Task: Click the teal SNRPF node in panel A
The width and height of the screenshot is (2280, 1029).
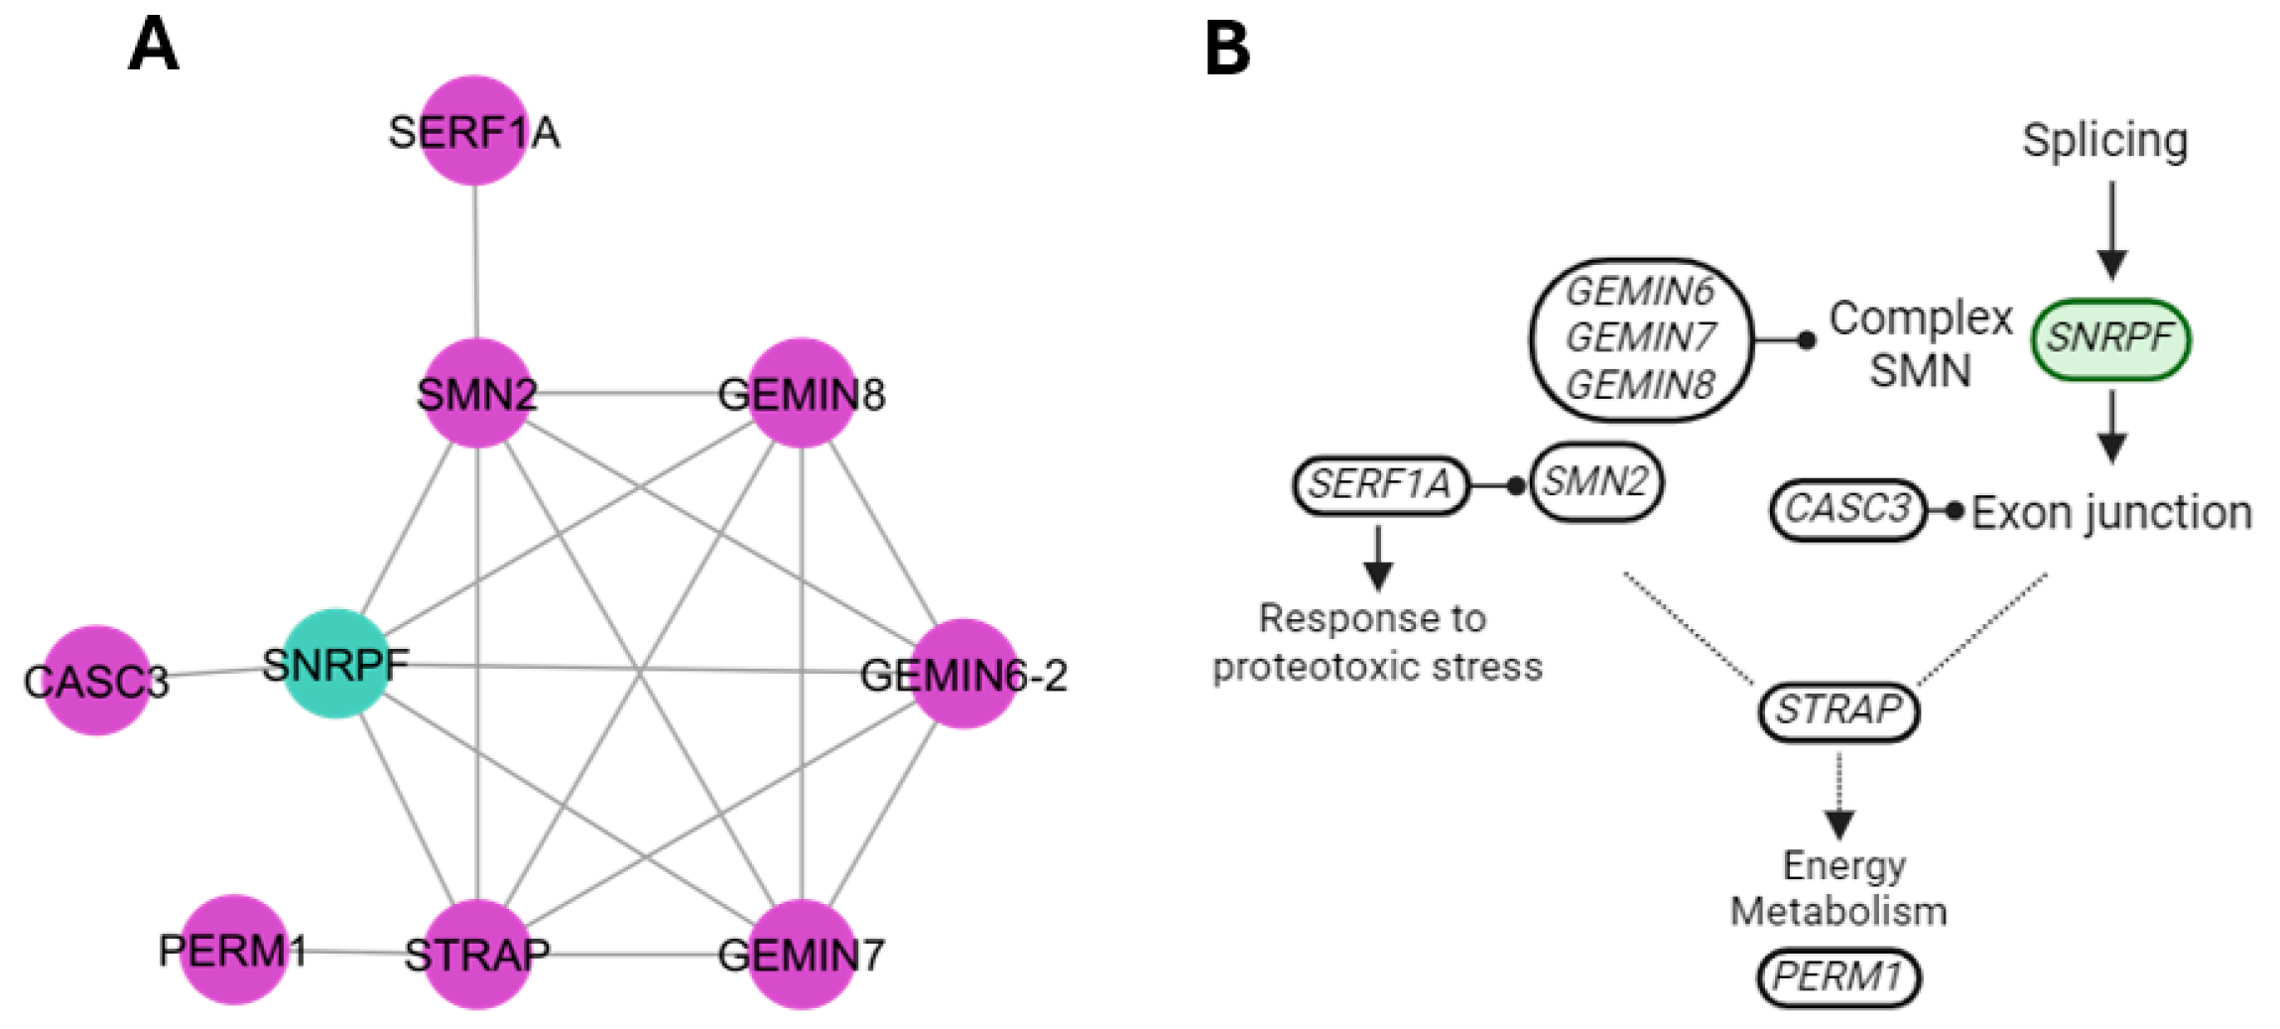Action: click(335, 664)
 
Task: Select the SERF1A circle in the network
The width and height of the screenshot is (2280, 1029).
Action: click(474, 131)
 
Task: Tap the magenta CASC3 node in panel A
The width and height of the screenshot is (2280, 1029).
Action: click(96, 681)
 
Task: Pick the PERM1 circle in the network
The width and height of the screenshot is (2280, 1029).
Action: click(234, 951)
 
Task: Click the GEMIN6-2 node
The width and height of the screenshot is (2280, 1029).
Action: click(963, 675)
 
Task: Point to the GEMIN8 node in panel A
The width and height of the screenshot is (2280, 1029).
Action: click(802, 394)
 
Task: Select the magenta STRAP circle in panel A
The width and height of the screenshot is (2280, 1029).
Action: click(477, 955)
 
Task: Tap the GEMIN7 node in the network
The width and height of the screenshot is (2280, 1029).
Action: click(802, 955)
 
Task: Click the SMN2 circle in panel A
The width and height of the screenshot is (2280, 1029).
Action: click(477, 394)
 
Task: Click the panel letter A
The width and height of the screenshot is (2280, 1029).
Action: click(154, 46)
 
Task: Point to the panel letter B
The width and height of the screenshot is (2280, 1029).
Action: click(1227, 48)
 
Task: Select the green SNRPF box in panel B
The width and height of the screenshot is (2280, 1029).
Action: click(2110, 339)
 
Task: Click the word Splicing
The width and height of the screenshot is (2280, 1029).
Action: click(2105, 140)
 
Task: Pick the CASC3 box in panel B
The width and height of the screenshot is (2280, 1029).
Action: click(1847, 510)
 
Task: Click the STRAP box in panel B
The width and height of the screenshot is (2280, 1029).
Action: click(1838, 710)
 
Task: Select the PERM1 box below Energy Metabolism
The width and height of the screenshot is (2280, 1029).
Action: click(1838, 977)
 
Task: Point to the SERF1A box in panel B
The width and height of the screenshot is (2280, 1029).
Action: click(1380, 485)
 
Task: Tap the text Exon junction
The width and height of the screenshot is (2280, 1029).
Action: click(2111, 513)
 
